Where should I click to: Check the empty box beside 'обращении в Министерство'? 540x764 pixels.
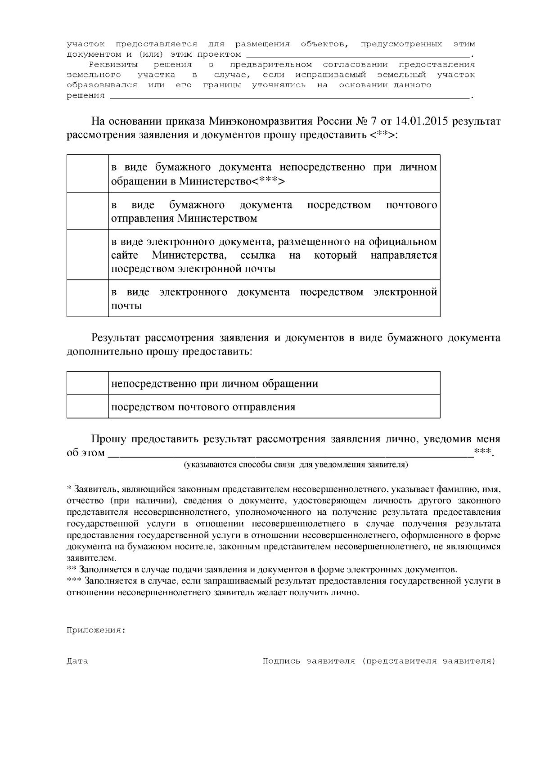click(87, 174)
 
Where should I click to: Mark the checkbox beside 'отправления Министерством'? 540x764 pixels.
click(87, 211)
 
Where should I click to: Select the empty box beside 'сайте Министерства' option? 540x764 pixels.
click(87, 255)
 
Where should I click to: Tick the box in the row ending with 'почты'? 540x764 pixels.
click(87, 298)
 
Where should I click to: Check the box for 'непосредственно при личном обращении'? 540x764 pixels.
click(87, 383)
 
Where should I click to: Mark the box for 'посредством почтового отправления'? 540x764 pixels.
click(87, 407)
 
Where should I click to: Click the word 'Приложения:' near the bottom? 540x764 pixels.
click(96, 630)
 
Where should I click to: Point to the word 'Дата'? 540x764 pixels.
click(77, 661)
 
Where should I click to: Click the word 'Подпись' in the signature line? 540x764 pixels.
click(281, 661)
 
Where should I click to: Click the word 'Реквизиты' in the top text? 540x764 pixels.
click(110, 65)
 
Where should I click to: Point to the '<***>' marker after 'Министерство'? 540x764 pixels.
click(268, 181)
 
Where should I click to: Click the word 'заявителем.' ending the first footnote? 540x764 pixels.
click(91, 558)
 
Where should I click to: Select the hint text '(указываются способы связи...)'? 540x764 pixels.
click(296, 464)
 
